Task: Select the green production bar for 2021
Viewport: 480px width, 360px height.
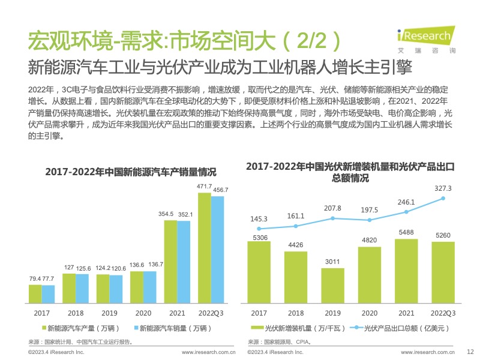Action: [170, 262]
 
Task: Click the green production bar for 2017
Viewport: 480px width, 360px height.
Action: [35, 294]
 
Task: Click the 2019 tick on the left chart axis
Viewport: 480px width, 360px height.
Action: [109, 313]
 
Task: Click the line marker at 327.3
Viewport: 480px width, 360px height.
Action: [443, 198]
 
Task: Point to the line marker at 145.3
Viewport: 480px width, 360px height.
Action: [259, 229]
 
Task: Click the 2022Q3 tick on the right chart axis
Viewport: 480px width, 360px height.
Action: [443, 313]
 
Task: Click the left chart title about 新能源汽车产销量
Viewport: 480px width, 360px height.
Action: [130, 172]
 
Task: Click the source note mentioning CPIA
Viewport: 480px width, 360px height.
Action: [281, 341]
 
